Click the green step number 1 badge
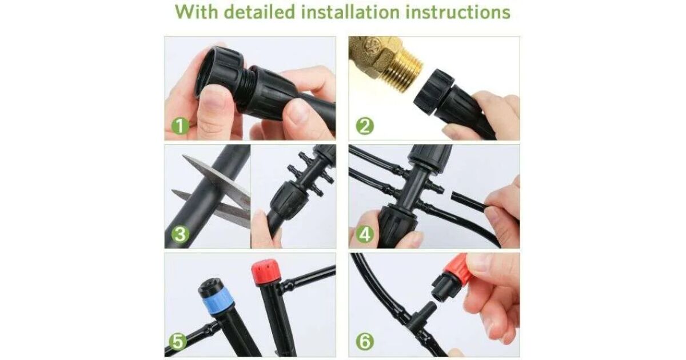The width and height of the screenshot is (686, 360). tap(180, 126)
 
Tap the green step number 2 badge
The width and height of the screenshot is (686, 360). tap(365, 126)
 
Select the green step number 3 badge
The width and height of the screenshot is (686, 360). tap(180, 234)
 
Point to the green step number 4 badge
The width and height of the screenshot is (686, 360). tap(365, 234)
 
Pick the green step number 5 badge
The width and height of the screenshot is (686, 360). tap(178, 341)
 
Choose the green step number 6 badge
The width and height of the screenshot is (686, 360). tap(365, 341)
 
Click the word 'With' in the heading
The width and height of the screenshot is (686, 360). tap(197, 12)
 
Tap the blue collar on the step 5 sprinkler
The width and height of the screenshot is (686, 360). tap(218, 301)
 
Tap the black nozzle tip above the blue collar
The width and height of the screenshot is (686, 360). tap(210, 286)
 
